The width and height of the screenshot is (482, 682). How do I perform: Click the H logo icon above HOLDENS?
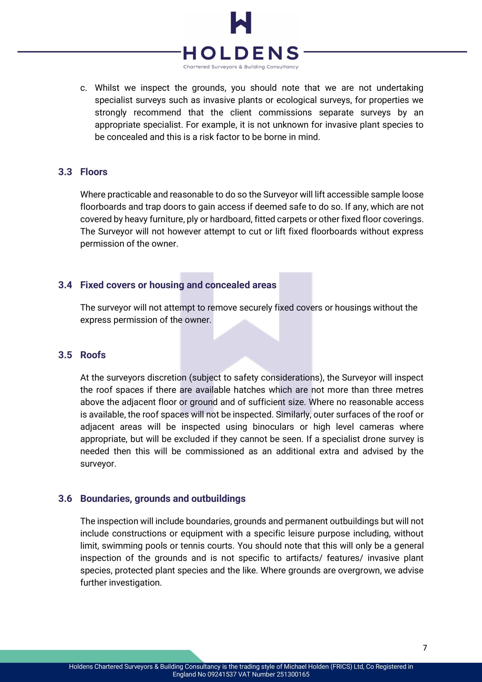pos(241,23)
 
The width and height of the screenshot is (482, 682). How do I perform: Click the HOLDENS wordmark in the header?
pos(241,53)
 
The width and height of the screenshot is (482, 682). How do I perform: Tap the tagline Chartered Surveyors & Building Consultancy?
pos(241,67)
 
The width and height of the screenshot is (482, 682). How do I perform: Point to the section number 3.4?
pos(65,285)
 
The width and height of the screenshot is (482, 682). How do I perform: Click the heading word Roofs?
pos(93,355)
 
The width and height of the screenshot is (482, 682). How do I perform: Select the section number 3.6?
pos(65,498)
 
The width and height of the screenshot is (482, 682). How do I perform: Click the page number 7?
pos(425,648)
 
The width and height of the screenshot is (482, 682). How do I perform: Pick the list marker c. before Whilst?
pos(83,88)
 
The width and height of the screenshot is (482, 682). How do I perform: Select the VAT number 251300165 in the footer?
pos(293,674)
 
